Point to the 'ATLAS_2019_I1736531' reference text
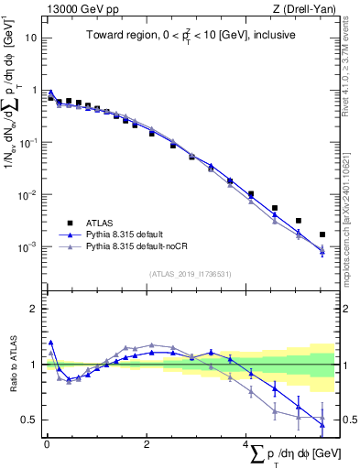tap(190, 273)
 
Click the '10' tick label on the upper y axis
tap(31, 38)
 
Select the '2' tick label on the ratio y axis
tap(34, 309)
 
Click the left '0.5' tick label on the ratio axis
tap(29, 420)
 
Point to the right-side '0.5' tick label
tap(348, 420)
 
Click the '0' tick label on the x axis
tap(47, 444)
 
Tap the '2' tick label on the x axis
tap(147, 444)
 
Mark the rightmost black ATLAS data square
tap(322, 234)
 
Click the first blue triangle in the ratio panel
tap(50, 342)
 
